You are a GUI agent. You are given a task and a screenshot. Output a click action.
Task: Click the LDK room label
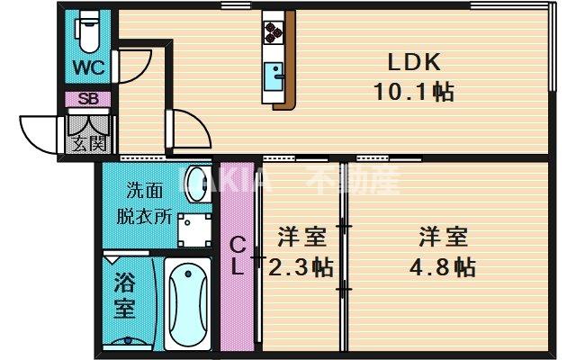413,63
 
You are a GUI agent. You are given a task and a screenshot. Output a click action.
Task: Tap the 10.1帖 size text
413,91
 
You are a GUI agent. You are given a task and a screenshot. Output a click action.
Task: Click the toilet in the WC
88,31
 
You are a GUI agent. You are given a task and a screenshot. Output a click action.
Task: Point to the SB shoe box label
88,99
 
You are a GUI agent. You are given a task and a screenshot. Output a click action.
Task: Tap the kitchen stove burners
274,31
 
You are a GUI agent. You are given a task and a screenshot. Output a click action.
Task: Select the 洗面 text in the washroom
145,190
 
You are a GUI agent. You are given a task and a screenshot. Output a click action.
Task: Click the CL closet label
237,256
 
